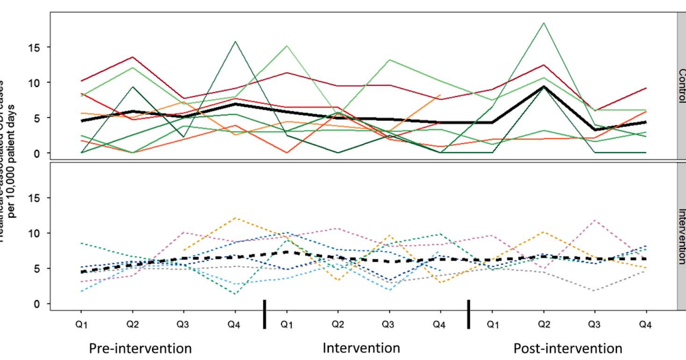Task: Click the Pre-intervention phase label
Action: pos(140,348)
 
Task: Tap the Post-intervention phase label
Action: pos(567,348)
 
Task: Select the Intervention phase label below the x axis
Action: pos(361,347)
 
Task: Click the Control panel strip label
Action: pos(681,85)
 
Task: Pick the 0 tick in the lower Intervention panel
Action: pos(38,304)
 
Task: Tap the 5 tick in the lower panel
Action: pos(38,269)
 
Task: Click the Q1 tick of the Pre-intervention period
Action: pos(83,324)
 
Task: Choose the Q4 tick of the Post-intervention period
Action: pos(645,324)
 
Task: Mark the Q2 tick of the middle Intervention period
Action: pos(338,324)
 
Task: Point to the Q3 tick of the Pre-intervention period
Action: pos(183,324)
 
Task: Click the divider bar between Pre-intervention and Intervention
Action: pos(264,314)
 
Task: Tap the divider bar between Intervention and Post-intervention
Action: pos(468,314)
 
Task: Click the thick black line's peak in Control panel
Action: pos(544,87)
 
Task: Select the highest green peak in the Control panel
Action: pos(544,23)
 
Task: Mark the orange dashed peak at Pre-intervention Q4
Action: pos(235,218)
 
